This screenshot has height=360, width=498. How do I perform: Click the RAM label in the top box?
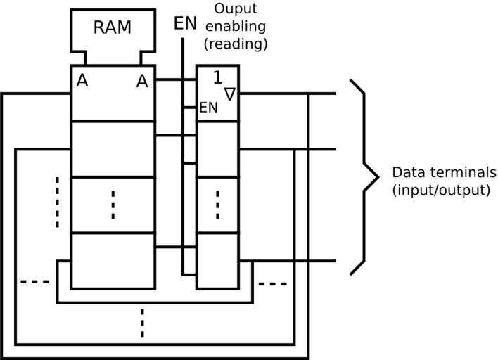(113, 28)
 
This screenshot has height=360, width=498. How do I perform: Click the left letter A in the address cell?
(82, 82)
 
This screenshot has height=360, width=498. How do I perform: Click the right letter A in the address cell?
(142, 82)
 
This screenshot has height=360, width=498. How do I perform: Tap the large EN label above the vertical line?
(185, 23)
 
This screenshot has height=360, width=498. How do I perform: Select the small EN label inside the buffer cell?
(209, 108)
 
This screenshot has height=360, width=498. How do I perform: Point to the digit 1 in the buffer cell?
(217, 78)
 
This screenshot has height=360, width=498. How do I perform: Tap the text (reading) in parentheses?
(235, 44)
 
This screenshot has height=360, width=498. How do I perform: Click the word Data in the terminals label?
(405, 173)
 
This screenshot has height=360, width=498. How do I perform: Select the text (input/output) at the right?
(440, 190)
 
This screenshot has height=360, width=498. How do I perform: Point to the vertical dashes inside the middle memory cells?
(113, 205)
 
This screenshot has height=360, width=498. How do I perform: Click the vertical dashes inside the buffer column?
(217, 205)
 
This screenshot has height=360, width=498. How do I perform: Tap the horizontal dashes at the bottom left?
(35, 282)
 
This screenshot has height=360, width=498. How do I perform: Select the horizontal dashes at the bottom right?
(273, 284)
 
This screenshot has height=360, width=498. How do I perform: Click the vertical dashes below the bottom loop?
(142, 323)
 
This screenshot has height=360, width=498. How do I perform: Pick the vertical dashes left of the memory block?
(58, 202)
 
